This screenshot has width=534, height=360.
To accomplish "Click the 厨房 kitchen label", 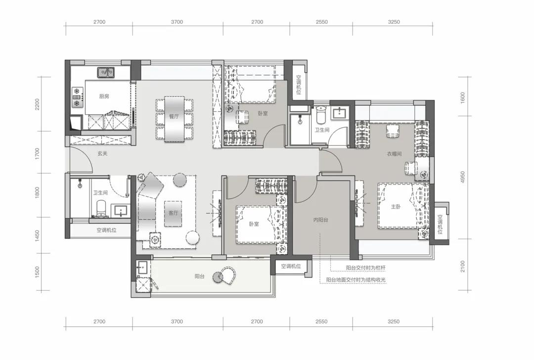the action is point(104,96).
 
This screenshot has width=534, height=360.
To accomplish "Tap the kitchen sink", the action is point(106,72).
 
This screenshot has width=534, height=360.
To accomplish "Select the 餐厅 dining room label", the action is point(174,117).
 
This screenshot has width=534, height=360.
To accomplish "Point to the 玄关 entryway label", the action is point(102,154).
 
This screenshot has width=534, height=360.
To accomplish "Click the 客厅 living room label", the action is point(173,213).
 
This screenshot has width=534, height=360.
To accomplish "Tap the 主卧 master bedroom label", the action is point(396,206).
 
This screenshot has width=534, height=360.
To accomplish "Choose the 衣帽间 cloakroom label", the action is point(394,154).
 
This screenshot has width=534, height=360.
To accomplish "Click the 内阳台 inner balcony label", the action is point(320,220).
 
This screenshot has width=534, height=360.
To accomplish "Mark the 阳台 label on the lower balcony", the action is point(200,276).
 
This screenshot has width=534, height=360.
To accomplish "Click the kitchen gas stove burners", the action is point(78,96).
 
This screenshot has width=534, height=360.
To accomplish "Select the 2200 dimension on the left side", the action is point(37,104).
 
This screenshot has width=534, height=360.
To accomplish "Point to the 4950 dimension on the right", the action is point(462,177).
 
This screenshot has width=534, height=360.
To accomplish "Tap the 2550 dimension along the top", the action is point(321,22).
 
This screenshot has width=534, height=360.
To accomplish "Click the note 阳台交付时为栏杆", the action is point(366,268).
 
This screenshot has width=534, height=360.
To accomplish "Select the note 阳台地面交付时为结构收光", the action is point(356,279).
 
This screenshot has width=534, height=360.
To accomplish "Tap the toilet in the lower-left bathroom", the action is point(101,209).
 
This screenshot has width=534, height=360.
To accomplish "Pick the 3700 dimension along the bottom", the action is point(177,321).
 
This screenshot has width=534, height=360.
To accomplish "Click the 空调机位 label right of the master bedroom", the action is point(440,224).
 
